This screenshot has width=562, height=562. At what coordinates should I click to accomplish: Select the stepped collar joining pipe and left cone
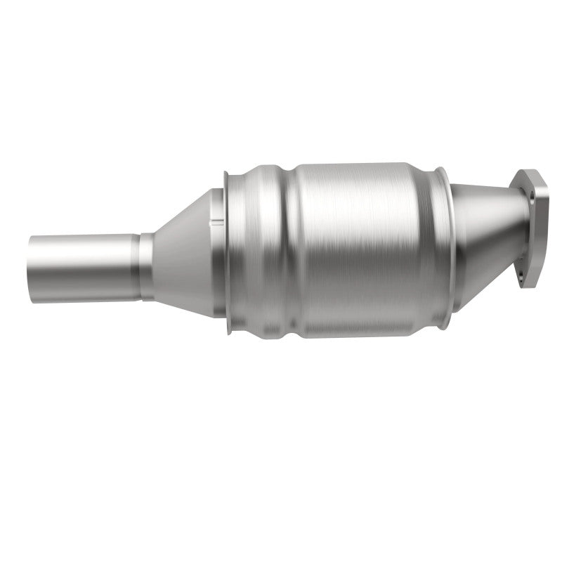pyautogui.click(x=146, y=266)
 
